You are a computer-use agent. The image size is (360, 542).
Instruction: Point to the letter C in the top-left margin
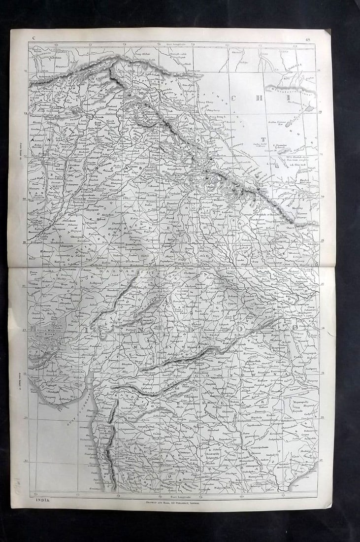[x=33, y=38]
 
